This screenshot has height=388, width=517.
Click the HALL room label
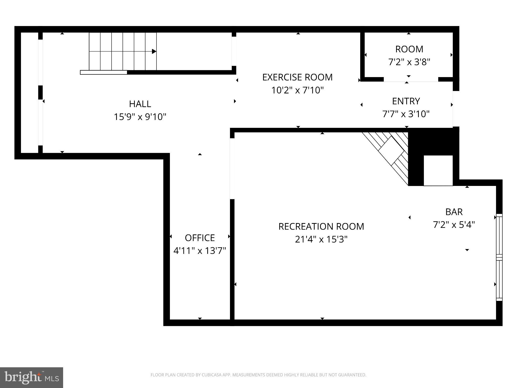(x=140, y=104)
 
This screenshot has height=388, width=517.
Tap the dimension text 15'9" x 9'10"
(x=140, y=117)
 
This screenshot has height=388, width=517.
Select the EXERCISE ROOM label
(x=297, y=77)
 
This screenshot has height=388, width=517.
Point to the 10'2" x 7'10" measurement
(x=297, y=90)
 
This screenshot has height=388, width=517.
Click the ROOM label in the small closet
(x=409, y=49)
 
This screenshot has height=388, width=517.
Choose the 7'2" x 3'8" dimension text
(x=409, y=62)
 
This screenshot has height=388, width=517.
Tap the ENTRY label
(x=406, y=101)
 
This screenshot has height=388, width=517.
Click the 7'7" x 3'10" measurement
(x=406, y=114)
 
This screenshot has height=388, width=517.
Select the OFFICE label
(x=200, y=238)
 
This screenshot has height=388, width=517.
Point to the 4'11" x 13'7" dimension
(x=200, y=251)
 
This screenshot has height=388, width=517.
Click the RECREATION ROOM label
(x=321, y=226)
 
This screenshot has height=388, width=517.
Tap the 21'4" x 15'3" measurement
(x=321, y=239)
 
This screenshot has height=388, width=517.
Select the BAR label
(x=454, y=212)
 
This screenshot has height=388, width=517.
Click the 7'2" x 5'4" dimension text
(x=454, y=225)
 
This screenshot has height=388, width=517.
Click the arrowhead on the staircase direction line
(x=154, y=52)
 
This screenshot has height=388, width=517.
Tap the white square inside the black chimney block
(x=438, y=171)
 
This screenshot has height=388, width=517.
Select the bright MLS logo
(x=32, y=377)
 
